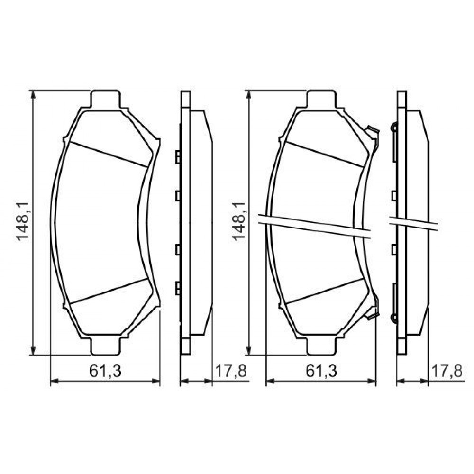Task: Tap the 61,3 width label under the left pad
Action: tap(105, 371)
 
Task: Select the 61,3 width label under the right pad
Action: tap(321, 371)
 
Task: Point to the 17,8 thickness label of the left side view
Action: tap(231, 371)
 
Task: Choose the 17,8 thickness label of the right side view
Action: tap(447, 371)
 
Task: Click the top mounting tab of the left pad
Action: tap(106, 99)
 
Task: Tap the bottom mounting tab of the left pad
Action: tap(106, 346)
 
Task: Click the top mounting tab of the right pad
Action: tap(321, 99)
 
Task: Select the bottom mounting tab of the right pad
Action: tap(321, 346)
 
